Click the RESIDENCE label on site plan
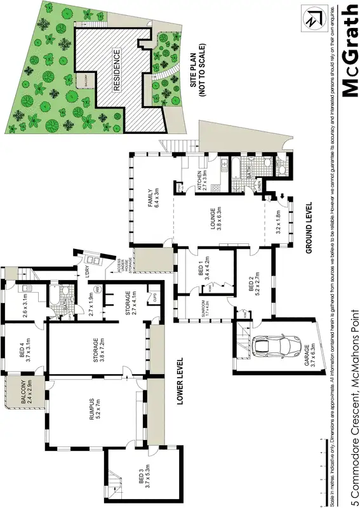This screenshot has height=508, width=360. pos(117,70)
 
